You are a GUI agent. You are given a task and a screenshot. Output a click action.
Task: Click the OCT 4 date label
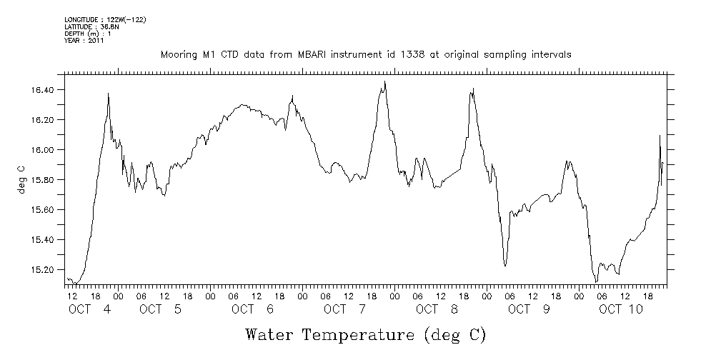(89, 309)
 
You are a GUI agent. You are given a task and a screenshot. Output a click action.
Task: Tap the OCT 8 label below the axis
(437, 309)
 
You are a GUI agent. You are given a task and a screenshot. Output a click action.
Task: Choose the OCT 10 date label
(621, 309)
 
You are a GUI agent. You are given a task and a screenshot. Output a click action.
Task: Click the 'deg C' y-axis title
(21, 179)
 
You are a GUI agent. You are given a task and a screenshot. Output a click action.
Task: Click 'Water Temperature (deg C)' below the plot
(366, 334)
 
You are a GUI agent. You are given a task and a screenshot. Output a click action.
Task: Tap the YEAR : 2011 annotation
(84, 41)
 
